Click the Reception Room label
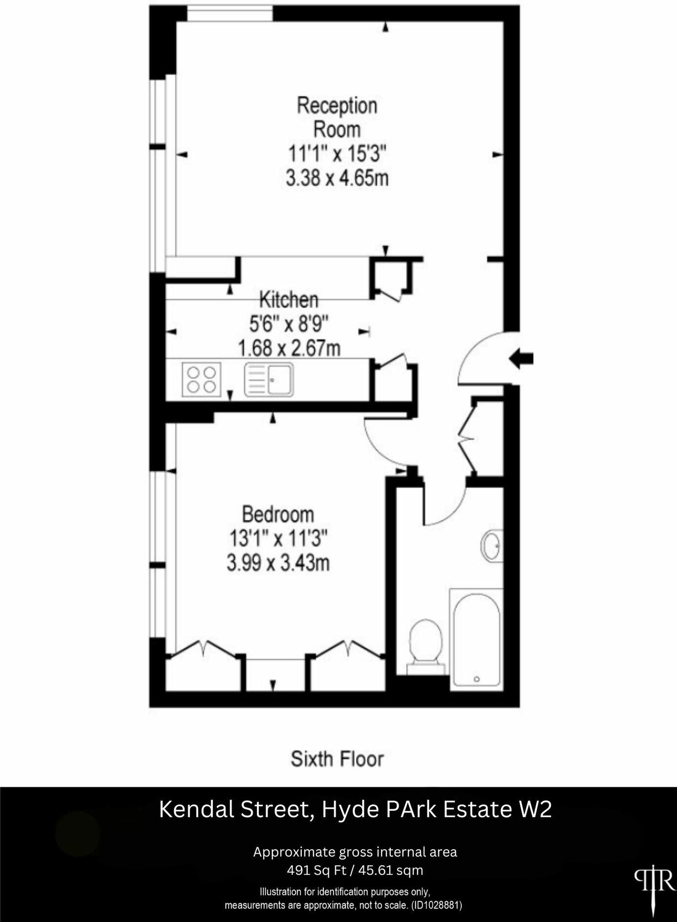point(337,117)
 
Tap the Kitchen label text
point(288,299)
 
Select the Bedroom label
point(278,514)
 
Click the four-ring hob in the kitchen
point(202,379)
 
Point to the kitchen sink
point(269,379)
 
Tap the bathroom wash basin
point(492,545)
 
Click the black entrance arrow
point(521,359)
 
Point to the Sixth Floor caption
point(337,759)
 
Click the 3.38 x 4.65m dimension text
point(337,178)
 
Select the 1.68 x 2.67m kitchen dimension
point(289,349)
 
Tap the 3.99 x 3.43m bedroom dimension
point(278,563)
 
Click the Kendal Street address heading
point(355,809)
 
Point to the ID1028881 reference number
point(436,905)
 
